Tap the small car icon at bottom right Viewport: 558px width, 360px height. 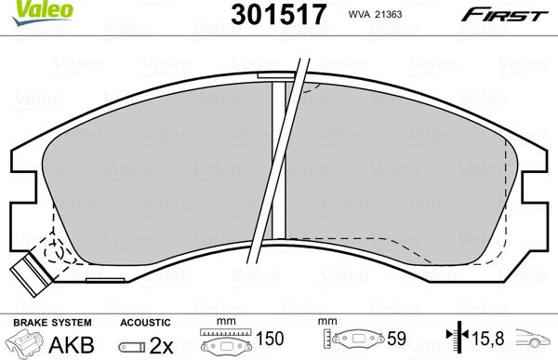[538, 343]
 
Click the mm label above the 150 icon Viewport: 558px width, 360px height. [221, 321]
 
